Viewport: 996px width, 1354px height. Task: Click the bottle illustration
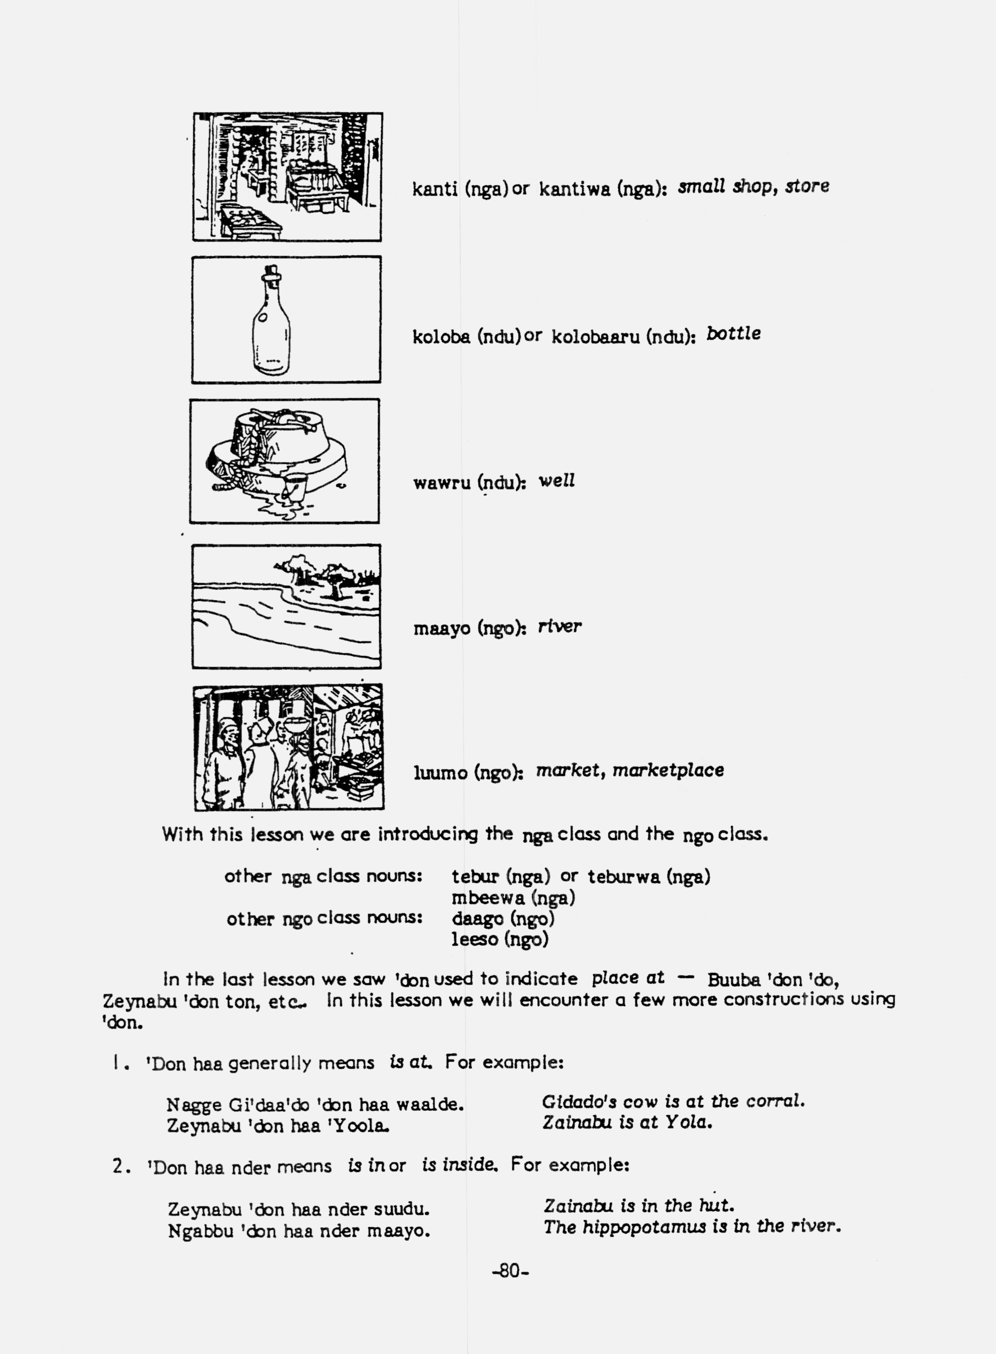[271, 323]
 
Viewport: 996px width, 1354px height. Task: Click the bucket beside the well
[295, 485]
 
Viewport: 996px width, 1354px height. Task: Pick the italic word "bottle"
[733, 333]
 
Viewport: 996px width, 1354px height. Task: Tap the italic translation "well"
[556, 481]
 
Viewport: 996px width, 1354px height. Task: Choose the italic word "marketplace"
[668, 770]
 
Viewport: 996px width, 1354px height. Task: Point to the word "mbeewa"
[488, 898]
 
